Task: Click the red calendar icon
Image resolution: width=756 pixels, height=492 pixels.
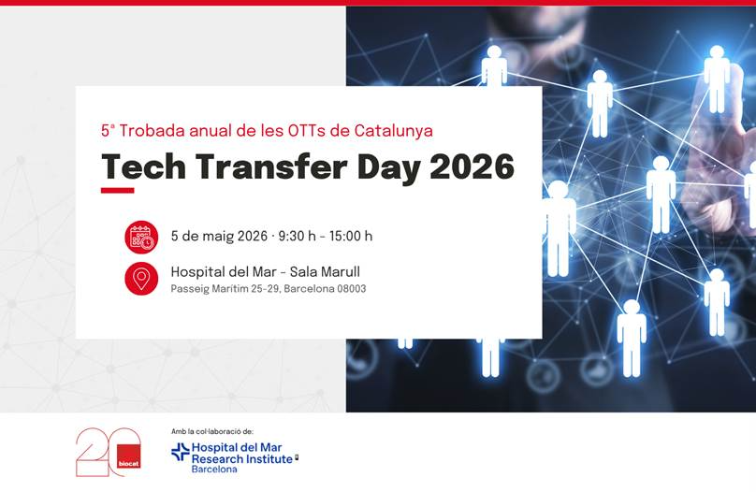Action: [141, 237]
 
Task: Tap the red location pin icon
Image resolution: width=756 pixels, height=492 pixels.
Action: [141, 279]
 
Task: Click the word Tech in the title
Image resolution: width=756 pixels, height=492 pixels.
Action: [144, 166]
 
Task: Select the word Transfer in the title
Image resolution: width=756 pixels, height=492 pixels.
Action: [271, 166]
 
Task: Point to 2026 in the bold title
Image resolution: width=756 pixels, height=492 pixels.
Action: [472, 166]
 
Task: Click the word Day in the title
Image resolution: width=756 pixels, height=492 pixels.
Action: [388, 167]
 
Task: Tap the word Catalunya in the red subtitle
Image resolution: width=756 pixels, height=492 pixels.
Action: [393, 131]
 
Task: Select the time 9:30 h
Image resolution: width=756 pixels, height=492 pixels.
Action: [297, 236]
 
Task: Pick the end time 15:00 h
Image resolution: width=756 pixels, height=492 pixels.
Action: [351, 236]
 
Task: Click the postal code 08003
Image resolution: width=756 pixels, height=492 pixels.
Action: [352, 289]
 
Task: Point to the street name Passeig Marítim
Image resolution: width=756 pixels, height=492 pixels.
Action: [212, 289]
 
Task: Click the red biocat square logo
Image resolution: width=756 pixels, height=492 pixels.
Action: [129, 456]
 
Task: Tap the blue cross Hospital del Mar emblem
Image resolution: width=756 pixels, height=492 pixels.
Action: [181, 452]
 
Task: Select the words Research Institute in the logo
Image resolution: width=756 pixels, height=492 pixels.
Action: [241, 459]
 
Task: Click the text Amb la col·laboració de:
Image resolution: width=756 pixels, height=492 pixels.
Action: [212, 432]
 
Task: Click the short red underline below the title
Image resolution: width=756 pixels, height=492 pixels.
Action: [118, 190]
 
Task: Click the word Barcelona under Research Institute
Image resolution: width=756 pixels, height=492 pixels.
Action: [214, 470]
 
